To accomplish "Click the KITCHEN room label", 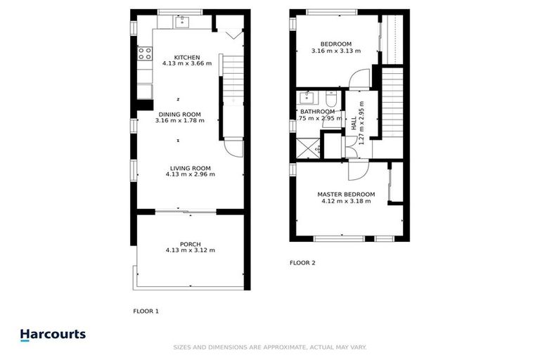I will (187, 58).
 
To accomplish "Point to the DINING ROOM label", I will (179, 114).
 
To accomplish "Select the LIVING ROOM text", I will (190, 168).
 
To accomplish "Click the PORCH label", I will (190, 244).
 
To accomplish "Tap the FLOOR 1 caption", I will (146, 310).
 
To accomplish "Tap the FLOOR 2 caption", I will (303, 263).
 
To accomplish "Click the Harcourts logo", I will (53, 335).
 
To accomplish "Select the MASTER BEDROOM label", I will (346, 194).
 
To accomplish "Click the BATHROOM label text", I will (318, 111).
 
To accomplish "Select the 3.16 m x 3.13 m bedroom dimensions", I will (335, 51).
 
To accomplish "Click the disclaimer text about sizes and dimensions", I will (270, 347).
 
